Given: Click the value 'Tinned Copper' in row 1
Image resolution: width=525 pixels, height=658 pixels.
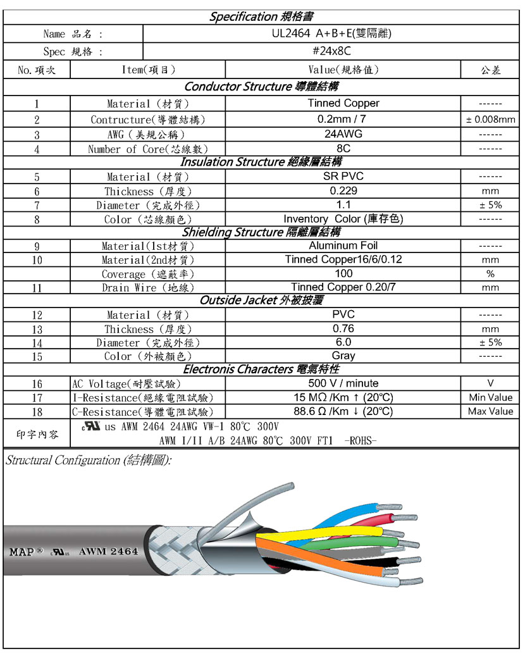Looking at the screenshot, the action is (343, 103).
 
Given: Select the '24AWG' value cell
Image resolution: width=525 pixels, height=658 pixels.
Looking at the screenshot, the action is (343, 134).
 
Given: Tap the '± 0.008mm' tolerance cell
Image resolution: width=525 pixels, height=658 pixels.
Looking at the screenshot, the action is (490, 120).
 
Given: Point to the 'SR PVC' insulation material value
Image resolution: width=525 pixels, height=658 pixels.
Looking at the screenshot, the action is (343, 177).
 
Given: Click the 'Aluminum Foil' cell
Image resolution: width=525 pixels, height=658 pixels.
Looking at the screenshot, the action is (343, 245).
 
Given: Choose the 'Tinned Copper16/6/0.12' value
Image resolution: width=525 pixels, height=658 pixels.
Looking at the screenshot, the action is (343, 259).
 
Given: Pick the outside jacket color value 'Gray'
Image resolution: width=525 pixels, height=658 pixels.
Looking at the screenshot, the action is (343, 356).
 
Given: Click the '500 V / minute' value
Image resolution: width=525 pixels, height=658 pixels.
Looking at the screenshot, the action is (343, 383).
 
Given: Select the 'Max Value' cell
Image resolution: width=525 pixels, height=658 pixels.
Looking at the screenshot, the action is (490, 411).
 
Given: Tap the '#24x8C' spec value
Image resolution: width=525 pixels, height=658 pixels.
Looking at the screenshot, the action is (331, 51).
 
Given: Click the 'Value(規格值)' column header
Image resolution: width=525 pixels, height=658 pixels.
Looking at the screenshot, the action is (343, 70).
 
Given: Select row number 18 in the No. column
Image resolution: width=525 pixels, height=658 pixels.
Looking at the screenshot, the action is (37, 412).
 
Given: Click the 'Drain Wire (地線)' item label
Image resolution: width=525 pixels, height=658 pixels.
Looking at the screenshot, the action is (148, 288).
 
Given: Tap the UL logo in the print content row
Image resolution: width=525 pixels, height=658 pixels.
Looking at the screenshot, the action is (91, 426).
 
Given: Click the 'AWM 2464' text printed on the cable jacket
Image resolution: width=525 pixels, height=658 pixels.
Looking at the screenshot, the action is (108, 551).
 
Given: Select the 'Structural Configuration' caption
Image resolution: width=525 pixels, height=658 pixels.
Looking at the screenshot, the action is (88, 461).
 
